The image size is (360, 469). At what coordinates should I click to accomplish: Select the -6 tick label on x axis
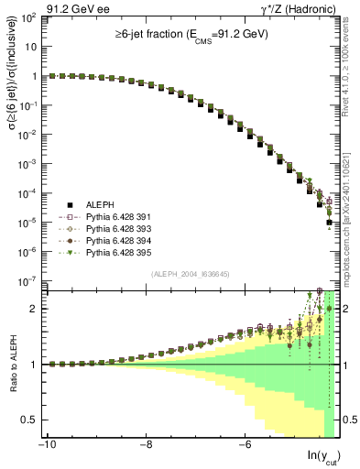(x=245, y=446)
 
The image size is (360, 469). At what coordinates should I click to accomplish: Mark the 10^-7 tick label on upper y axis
(x=26, y=281)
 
